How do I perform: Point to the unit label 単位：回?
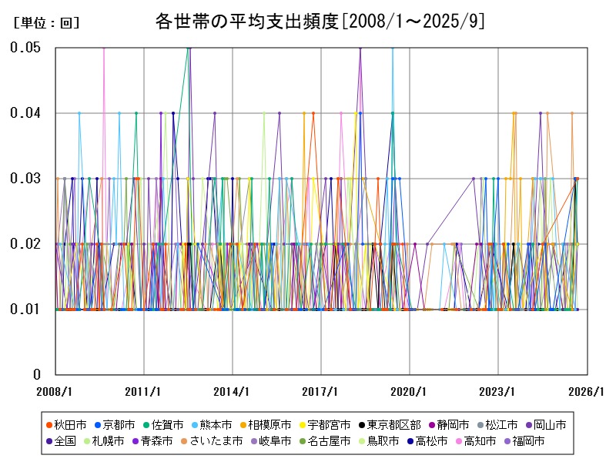tap(47, 23)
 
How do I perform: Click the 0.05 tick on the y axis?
tap(25, 48)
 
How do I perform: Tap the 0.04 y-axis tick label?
tap(25, 113)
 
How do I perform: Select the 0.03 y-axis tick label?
tap(25, 179)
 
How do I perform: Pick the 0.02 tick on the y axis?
tap(25, 244)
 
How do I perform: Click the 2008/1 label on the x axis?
tap(55, 392)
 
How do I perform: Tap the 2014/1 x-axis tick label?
tap(233, 392)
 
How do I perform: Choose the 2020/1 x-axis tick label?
tap(410, 392)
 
